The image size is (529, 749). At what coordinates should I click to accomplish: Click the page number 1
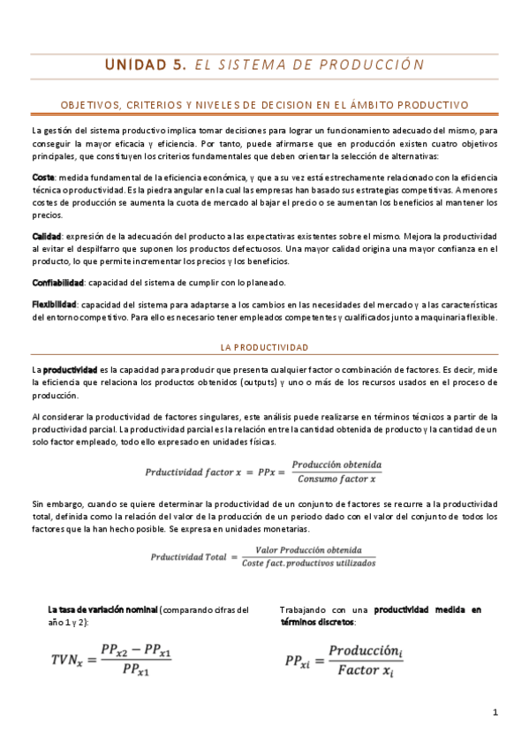495,712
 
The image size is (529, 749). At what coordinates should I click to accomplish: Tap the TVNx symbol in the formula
69,659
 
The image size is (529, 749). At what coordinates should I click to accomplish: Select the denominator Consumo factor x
337,480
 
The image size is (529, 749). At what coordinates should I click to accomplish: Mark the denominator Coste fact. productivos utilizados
308,563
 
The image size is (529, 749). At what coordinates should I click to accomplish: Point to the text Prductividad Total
188,556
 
